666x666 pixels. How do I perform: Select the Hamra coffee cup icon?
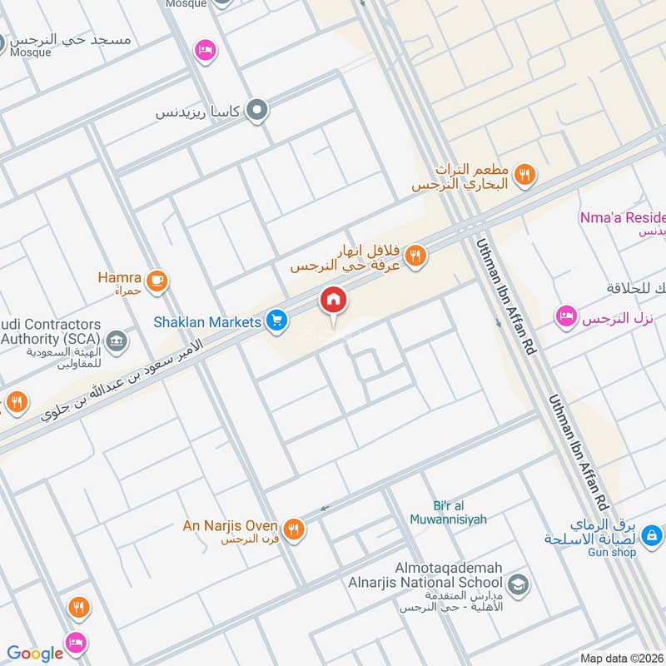tap(156, 282)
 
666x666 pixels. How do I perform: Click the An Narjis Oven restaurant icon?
tap(293, 529)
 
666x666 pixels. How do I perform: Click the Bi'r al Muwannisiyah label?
tap(448, 513)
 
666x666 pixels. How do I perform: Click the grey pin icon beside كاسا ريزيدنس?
tap(258, 110)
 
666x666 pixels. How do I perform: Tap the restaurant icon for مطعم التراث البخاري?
tap(524, 175)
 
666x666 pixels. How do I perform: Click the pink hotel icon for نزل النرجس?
tap(566, 317)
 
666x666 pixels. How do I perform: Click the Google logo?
tap(35, 654)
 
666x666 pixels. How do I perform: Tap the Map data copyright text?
tap(621, 658)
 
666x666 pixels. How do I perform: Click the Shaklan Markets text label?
tap(207, 321)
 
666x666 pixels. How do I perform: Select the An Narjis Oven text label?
tap(231, 525)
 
